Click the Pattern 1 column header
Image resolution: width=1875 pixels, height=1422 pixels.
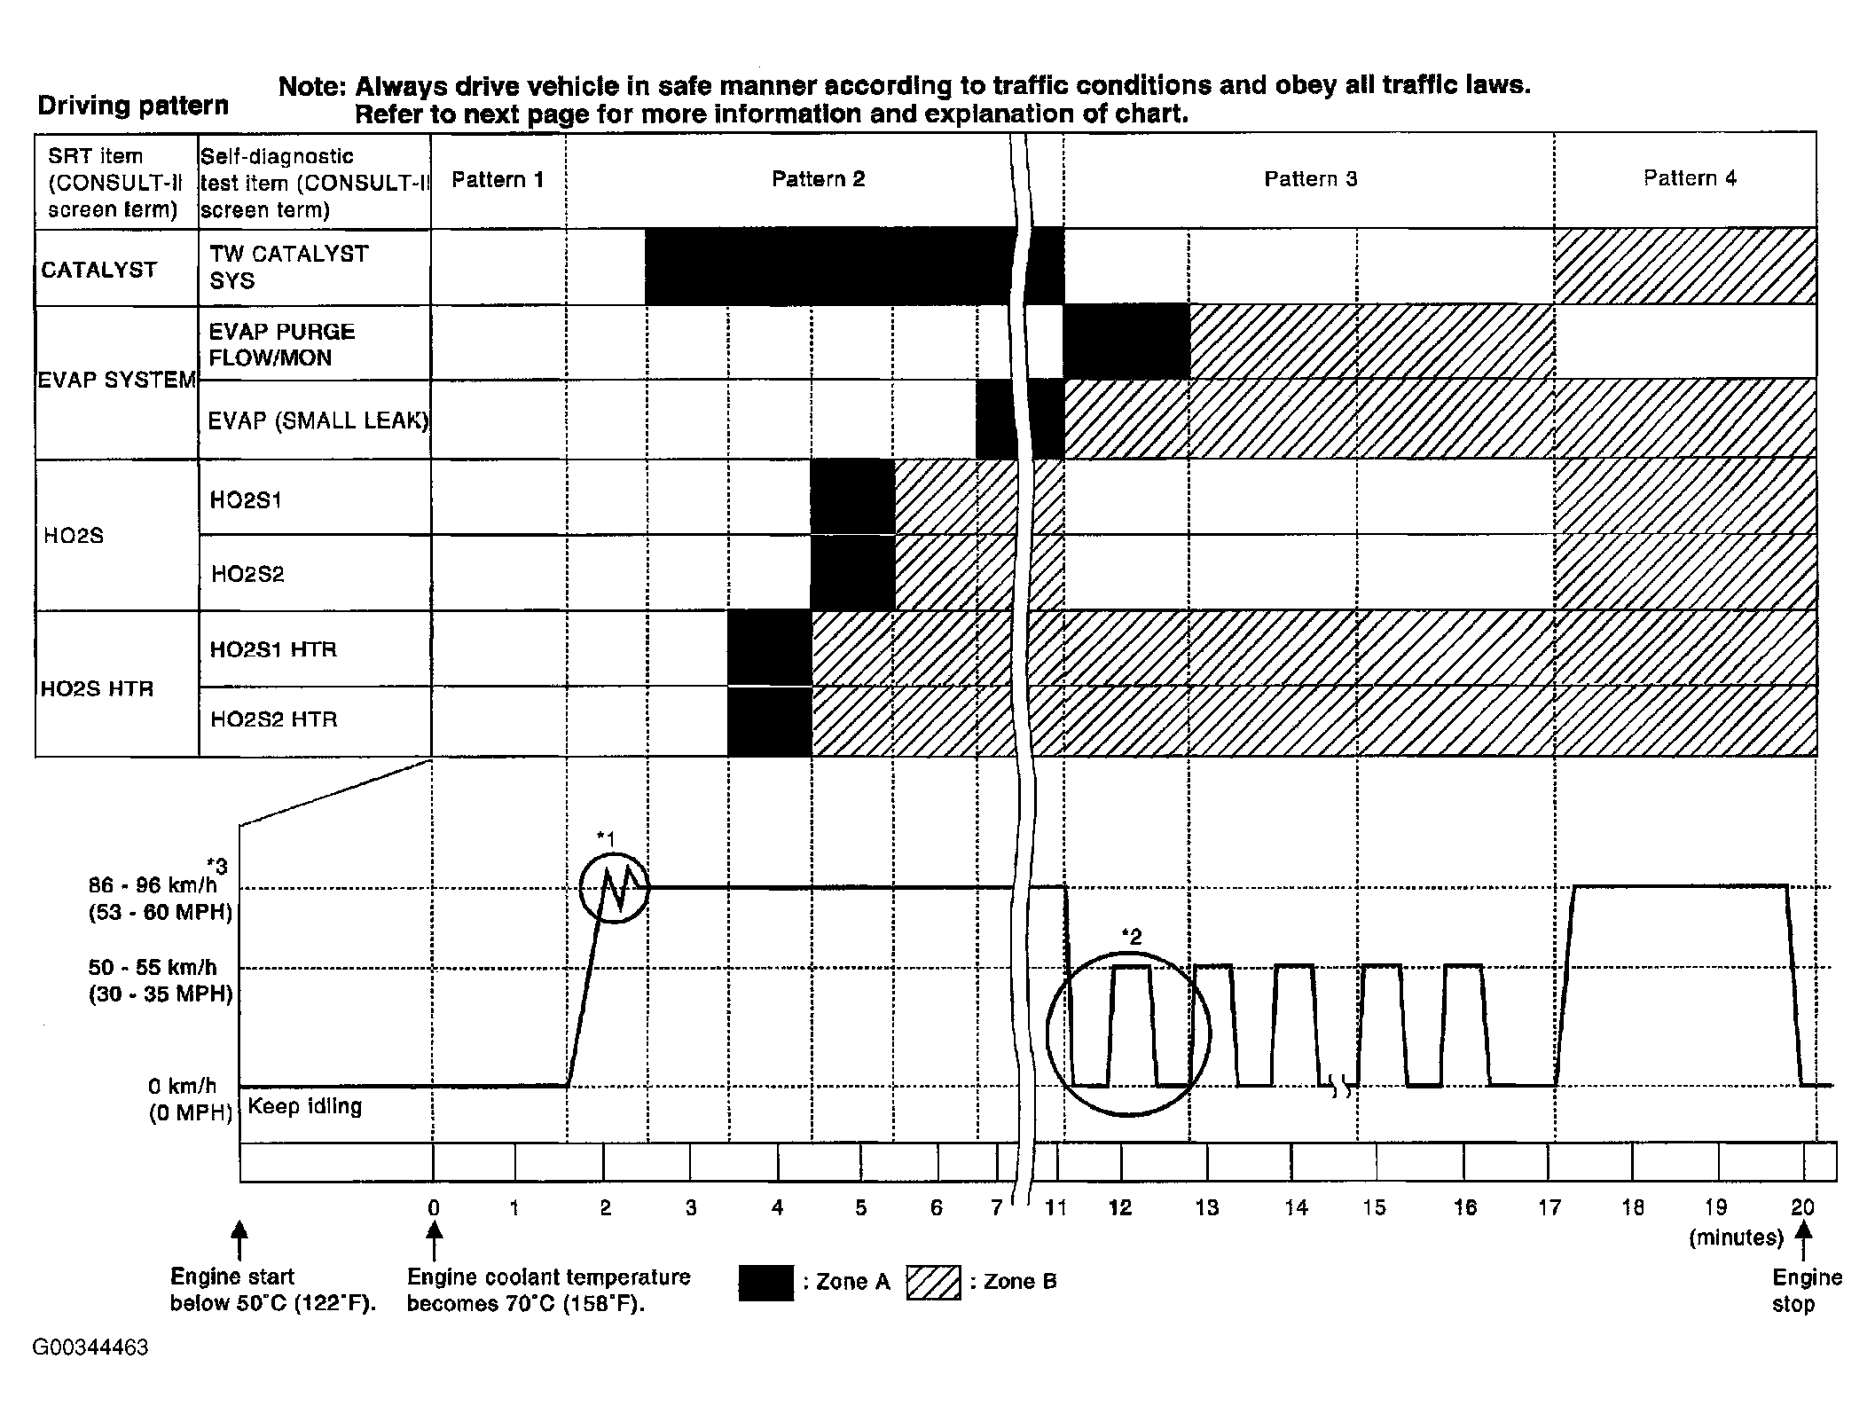click(498, 180)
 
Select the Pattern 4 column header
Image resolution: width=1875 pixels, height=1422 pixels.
click(1689, 178)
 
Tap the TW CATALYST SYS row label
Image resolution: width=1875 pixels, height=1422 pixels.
click(288, 267)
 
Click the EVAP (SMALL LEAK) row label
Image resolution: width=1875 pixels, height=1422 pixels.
click(318, 420)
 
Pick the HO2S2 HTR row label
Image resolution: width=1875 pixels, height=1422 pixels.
click(273, 719)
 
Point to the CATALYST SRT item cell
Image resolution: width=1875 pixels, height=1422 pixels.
click(98, 270)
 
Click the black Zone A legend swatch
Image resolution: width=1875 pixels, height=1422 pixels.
click(765, 1282)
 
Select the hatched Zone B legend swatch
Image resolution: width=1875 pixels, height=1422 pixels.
click(933, 1282)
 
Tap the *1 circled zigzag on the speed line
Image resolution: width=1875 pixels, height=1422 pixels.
click(614, 887)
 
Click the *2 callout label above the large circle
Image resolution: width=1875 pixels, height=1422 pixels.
click(1131, 935)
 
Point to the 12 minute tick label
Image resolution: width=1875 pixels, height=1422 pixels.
click(1120, 1207)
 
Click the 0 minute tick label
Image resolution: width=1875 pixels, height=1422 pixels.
click(434, 1207)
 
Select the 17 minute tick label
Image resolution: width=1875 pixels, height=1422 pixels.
click(1549, 1207)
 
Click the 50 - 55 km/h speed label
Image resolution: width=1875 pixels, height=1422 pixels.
click(152, 967)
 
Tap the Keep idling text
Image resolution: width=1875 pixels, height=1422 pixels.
click(305, 1106)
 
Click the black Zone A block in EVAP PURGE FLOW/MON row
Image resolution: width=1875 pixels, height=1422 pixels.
click(1126, 342)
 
